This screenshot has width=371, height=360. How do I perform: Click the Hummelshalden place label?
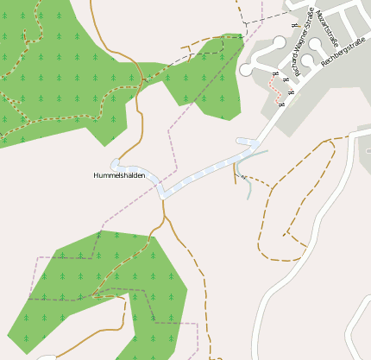click(x=119, y=175)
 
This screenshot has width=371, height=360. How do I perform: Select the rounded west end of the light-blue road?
click(x=116, y=163)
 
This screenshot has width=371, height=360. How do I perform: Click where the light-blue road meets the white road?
click(x=259, y=141)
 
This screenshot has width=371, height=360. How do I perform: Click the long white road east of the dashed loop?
click(x=341, y=216)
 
